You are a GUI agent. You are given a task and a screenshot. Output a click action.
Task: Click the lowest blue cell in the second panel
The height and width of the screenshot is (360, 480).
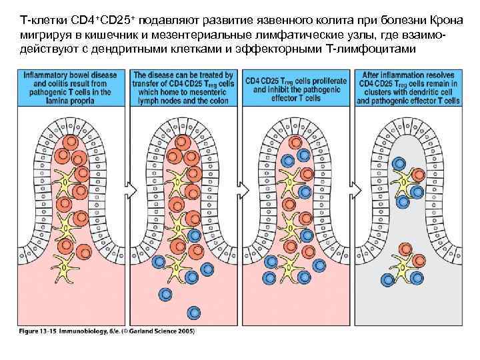165,293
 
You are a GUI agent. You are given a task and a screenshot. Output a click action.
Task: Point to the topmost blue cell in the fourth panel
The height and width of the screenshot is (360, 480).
399,163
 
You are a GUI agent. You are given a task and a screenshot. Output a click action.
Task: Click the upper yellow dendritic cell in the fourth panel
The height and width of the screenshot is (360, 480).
405,179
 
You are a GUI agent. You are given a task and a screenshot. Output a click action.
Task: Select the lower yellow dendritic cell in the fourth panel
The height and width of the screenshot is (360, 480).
404,267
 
